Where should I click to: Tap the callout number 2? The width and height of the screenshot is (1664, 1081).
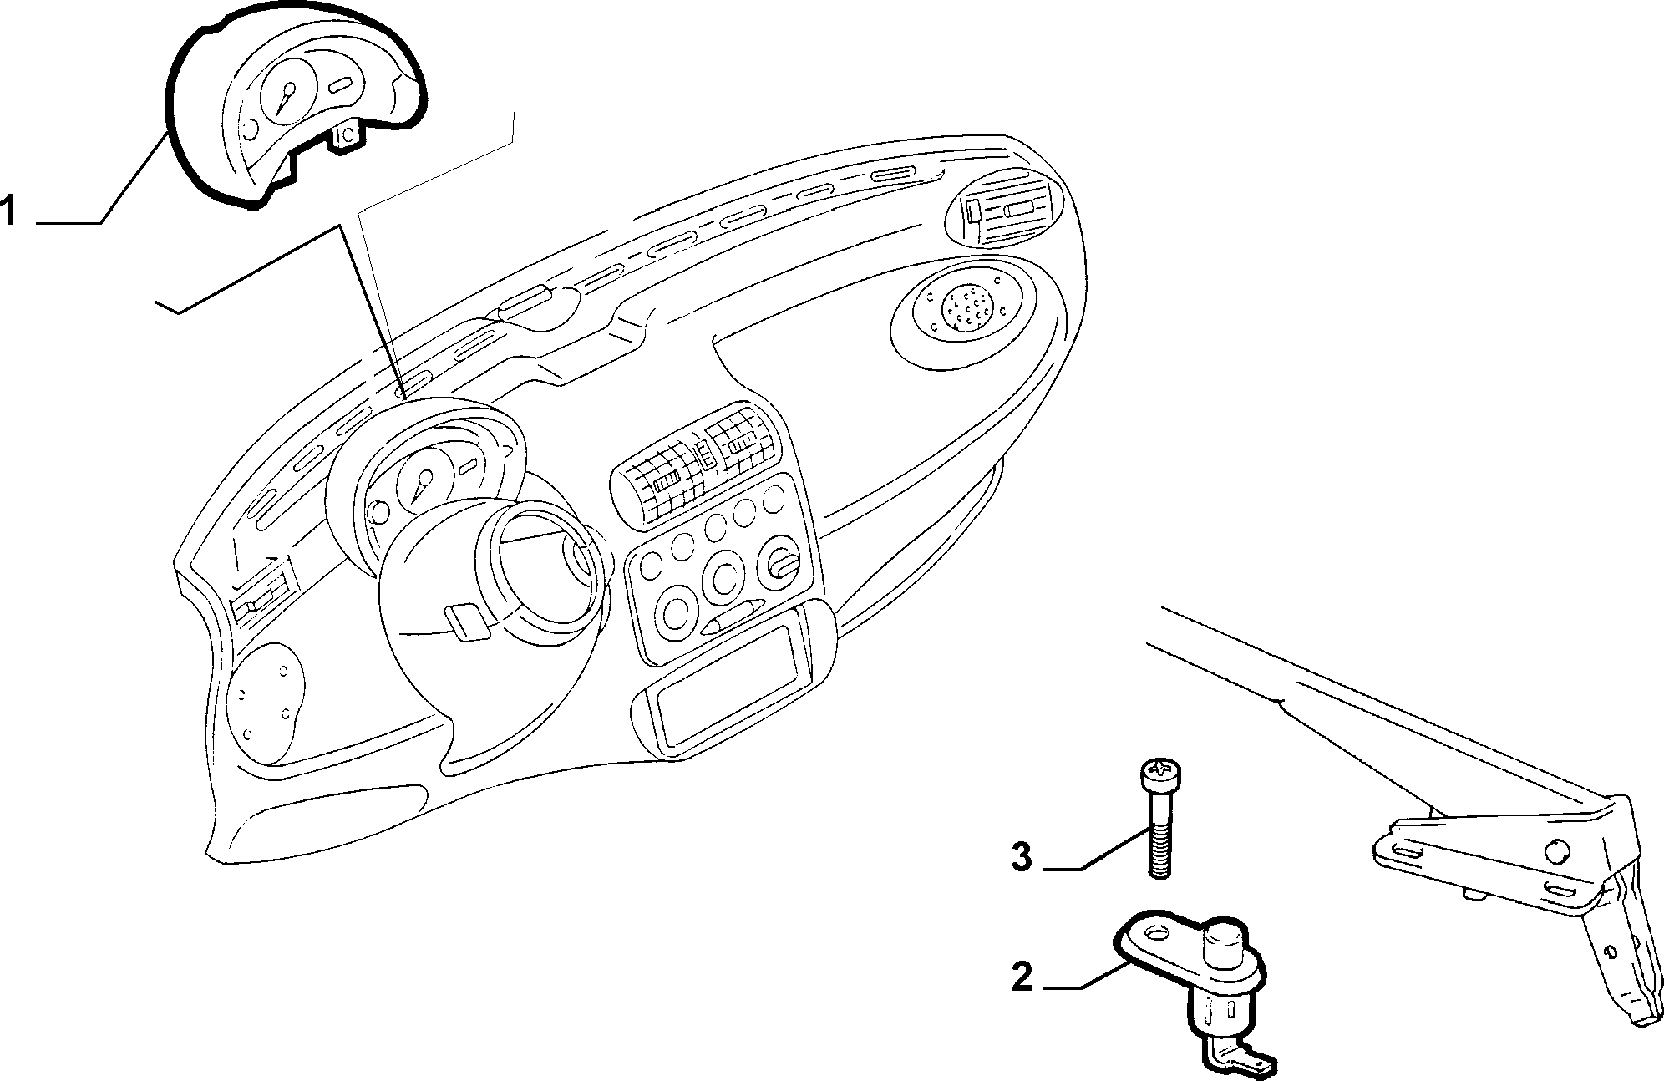[1022, 977]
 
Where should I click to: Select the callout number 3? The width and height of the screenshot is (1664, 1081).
[1022, 858]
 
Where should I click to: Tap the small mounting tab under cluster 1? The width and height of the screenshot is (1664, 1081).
[347, 136]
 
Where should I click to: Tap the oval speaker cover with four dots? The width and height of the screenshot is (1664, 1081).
[266, 703]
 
